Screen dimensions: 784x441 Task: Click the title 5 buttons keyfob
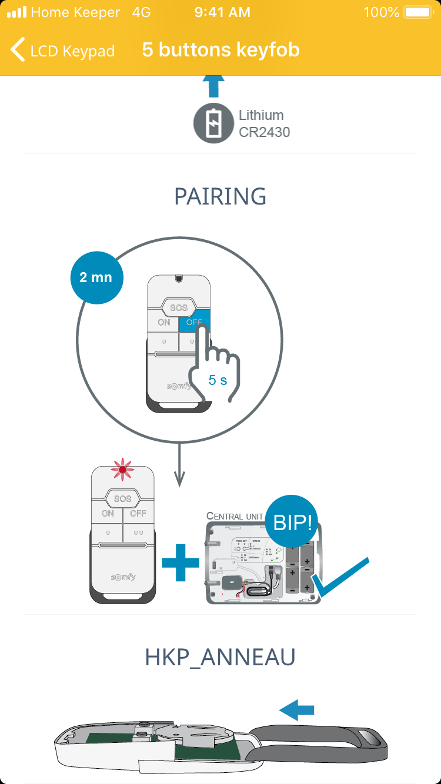point(220,50)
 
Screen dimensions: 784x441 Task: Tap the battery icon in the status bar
point(418,12)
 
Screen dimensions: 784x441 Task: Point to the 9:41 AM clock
point(222,12)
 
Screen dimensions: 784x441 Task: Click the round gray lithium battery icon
point(213,123)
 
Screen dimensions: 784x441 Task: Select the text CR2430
point(264,132)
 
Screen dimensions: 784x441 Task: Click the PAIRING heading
point(220,196)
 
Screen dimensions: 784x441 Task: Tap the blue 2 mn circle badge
point(96,277)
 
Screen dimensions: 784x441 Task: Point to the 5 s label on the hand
point(218,380)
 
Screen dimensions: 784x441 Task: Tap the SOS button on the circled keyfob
point(178,307)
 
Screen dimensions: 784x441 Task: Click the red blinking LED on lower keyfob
point(123,468)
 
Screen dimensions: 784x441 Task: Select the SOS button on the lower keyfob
point(123,499)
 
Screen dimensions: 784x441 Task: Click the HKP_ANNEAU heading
point(220,658)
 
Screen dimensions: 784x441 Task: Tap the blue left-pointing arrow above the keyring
point(297,710)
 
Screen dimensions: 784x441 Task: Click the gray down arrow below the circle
point(179,464)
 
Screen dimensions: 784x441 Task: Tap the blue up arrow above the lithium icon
point(213,86)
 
